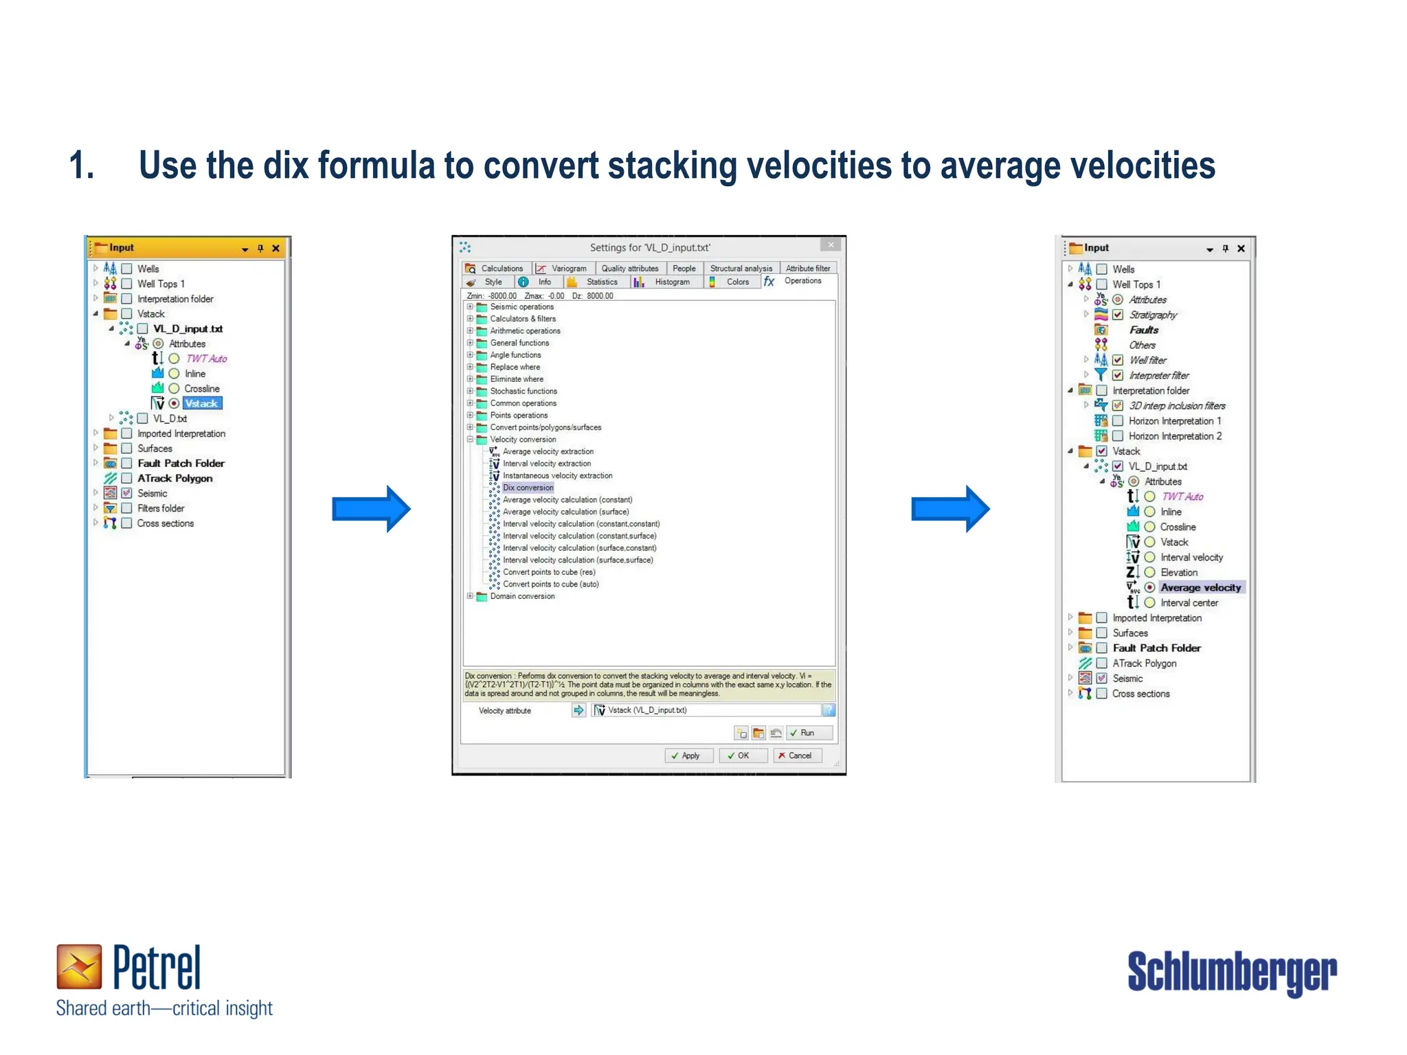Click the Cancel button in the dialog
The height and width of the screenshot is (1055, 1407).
795,756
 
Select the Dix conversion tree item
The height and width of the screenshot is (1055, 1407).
528,488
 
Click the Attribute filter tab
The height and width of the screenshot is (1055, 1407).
808,269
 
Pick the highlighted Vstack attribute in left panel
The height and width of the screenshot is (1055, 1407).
202,404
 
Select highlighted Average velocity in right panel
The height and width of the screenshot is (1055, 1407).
1200,587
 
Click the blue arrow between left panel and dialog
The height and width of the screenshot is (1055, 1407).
370,509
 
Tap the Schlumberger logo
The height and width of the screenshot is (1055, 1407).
1232,971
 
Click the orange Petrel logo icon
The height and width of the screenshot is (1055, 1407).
79,966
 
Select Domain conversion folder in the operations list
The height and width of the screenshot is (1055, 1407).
522,596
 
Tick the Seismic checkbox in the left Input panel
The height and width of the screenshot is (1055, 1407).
127,493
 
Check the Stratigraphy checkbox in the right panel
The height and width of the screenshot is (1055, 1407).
1118,315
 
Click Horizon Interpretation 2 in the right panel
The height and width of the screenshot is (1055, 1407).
1175,436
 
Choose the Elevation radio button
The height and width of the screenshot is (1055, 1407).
1149,572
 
